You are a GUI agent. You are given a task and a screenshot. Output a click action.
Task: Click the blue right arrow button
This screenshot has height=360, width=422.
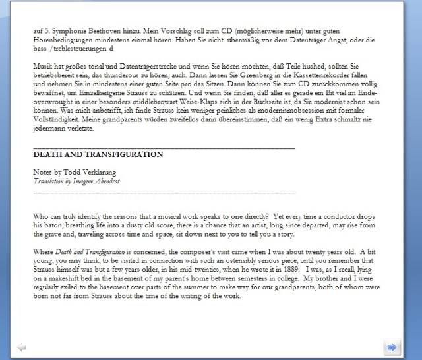pyautogui.click(x=392, y=347)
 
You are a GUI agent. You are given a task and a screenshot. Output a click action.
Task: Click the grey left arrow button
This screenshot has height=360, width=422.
pyautogui.click(x=22, y=347)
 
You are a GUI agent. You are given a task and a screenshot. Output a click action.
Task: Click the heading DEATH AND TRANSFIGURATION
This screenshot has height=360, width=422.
pyautogui.click(x=98, y=154)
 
